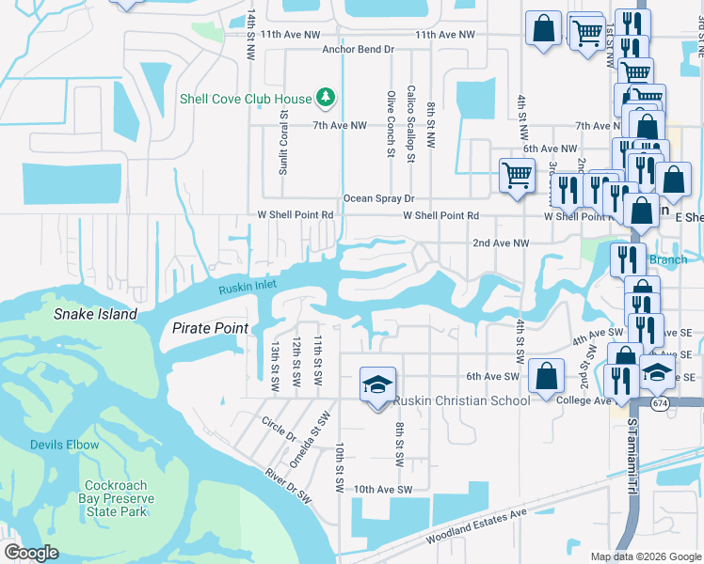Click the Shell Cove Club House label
click(246, 98)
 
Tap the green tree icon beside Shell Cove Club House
click(325, 97)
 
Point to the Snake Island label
click(95, 314)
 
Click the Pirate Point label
click(210, 328)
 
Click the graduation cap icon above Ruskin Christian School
click(377, 384)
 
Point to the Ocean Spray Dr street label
click(378, 198)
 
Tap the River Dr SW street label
click(288, 489)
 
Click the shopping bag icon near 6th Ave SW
click(546, 376)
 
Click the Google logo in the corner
click(31, 553)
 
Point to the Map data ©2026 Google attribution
click(645, 556)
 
